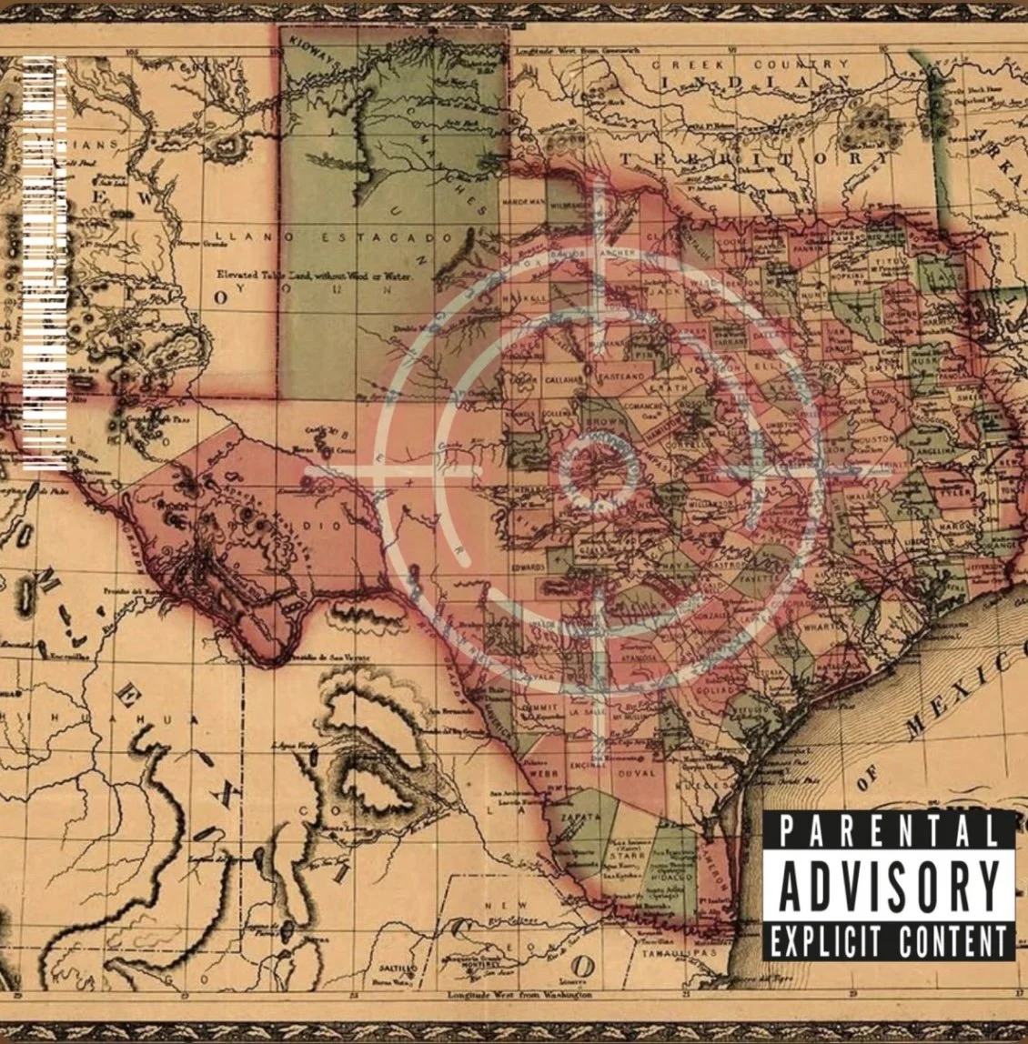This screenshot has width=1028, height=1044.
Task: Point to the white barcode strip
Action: point(44,264)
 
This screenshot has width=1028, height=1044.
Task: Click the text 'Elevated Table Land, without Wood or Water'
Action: point(314,274)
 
